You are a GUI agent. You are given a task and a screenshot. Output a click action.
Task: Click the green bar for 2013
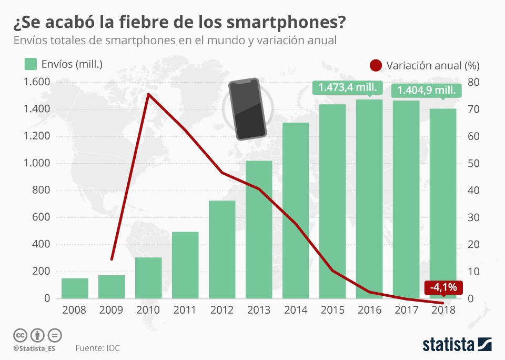click(259, 229)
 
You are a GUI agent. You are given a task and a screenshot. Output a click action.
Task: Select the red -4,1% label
click(443, 287)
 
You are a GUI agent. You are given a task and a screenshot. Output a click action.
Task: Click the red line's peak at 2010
click(148, 94)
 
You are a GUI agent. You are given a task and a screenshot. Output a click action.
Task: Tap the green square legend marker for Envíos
click(31, 64)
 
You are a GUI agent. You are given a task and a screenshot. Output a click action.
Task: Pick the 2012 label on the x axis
click(221, 309)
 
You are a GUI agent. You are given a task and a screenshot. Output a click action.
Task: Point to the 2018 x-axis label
click(443, 309)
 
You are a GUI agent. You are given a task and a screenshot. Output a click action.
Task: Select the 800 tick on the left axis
click(41, 191)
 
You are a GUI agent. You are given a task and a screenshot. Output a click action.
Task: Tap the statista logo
click(457, 345)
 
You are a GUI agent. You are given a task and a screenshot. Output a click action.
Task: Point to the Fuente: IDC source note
click(97, 348)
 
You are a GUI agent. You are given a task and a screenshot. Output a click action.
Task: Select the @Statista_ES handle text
click(34, 348)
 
